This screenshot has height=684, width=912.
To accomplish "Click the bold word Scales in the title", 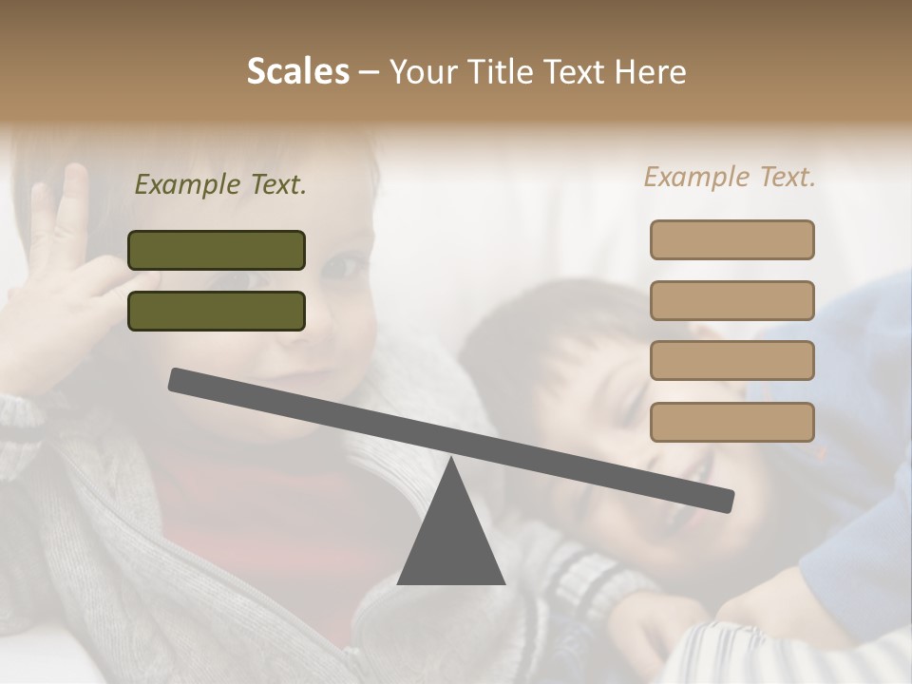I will (297, 72).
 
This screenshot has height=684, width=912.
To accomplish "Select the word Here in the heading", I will (651, 72).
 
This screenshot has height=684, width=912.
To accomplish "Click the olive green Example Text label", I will (220, 185).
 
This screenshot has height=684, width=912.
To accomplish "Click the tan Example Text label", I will (730, 177).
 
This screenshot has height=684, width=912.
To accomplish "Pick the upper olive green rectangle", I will (217, 250).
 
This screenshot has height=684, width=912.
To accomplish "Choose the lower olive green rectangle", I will (217, 311).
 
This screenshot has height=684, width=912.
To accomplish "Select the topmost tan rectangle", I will (731, 239).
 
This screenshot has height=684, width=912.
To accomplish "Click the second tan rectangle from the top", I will (731, 300).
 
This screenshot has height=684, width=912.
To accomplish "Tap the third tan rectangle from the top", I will (731, 360).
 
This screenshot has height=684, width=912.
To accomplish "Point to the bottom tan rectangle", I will (731, 422).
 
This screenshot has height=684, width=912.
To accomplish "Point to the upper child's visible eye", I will (345, 265).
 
